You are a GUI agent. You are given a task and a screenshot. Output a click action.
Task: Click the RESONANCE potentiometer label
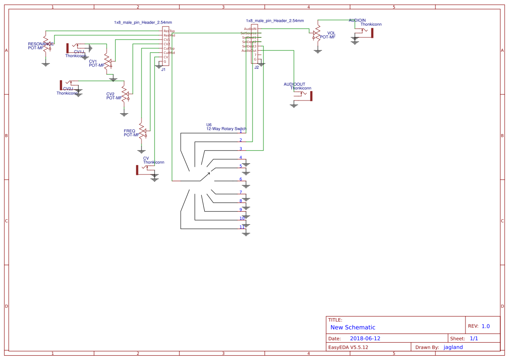40,44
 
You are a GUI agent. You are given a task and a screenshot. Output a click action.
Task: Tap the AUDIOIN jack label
357,20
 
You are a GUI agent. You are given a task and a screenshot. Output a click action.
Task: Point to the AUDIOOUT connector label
294,84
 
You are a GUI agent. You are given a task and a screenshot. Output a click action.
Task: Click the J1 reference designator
163,70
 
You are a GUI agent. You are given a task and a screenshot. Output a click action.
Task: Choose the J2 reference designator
256,67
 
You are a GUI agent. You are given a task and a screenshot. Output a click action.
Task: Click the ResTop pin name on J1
169,31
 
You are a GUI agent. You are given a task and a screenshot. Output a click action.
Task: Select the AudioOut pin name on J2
249,51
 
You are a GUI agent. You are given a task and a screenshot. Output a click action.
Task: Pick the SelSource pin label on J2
248,34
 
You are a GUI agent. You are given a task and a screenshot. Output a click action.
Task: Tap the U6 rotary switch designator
209,125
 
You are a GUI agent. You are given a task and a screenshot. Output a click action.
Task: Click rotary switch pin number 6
240,179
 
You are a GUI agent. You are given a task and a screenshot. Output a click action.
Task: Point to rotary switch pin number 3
240,149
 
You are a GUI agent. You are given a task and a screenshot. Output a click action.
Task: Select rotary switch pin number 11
242,227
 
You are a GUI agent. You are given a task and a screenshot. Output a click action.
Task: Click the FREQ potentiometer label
129,131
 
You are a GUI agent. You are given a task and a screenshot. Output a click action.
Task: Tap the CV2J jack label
68,89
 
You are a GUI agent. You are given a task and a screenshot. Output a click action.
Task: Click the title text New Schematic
353,327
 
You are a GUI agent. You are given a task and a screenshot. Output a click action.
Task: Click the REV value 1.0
485,326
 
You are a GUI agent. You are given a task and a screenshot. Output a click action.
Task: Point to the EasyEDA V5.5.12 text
348,347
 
